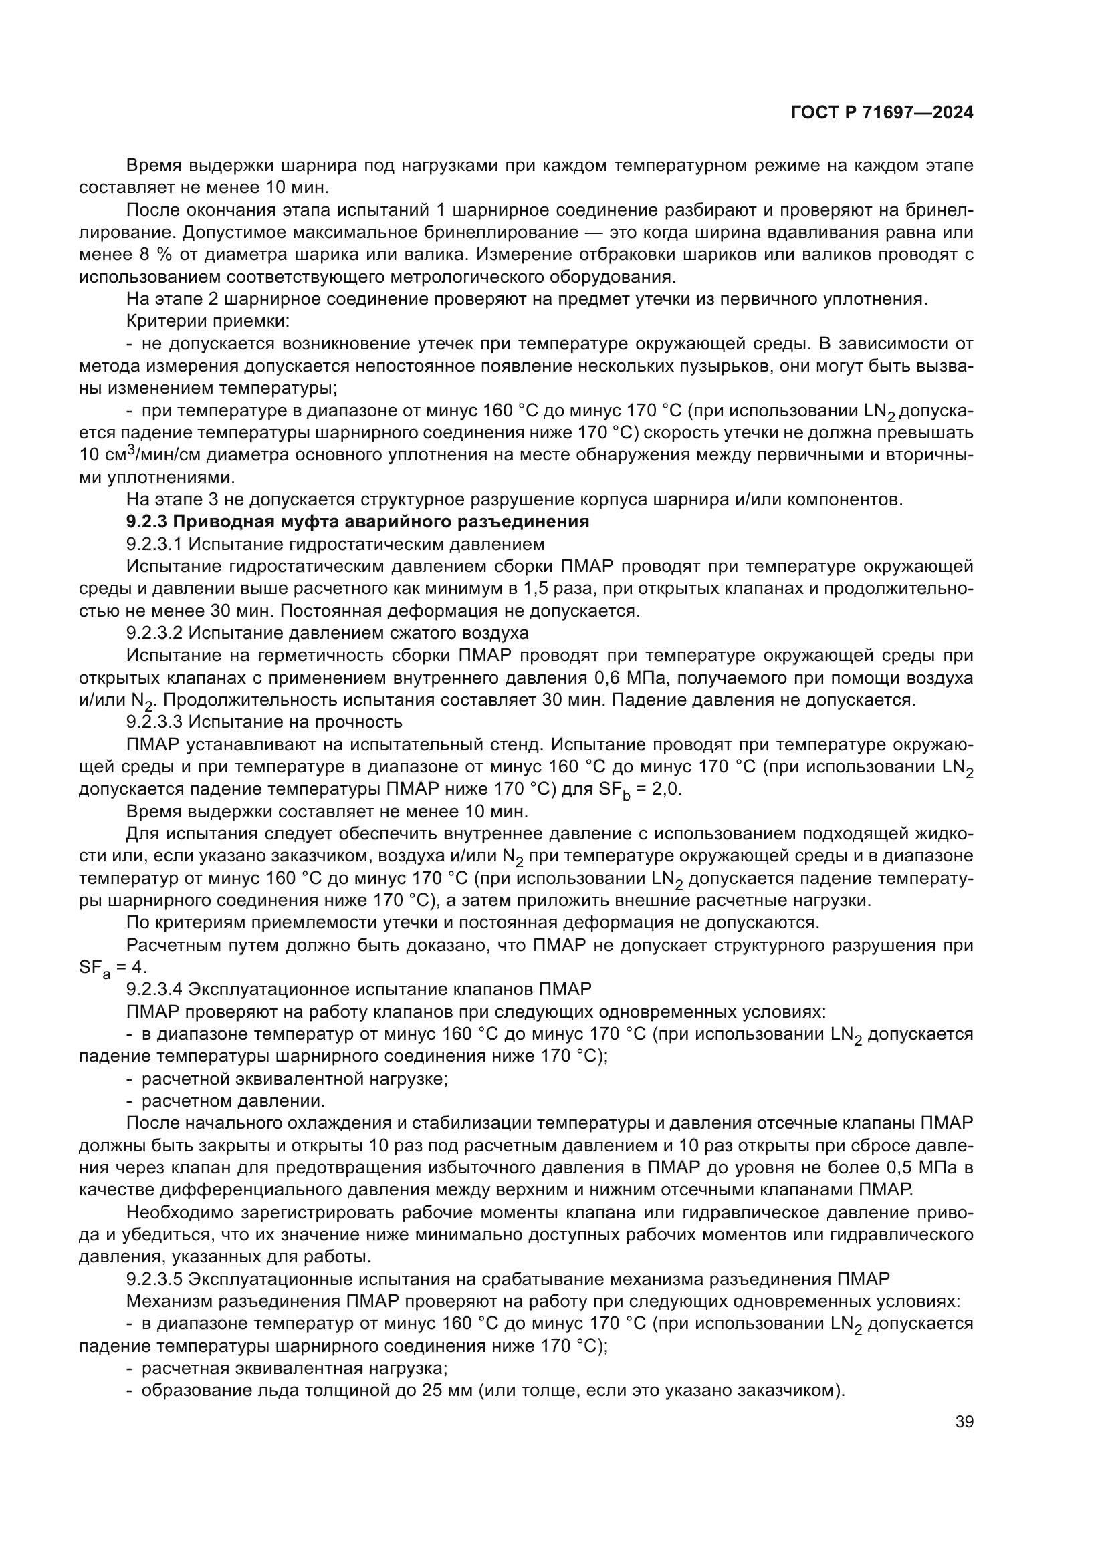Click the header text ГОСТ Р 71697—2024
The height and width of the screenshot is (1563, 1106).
882,113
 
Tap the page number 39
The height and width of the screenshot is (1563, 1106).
964,1421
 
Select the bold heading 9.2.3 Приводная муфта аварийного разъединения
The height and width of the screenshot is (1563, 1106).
358,522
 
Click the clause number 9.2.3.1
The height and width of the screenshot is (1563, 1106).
154,545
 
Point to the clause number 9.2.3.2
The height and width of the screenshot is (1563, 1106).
154,633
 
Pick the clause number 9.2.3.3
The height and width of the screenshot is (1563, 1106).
154,722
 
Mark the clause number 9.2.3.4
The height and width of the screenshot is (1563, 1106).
154,988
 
